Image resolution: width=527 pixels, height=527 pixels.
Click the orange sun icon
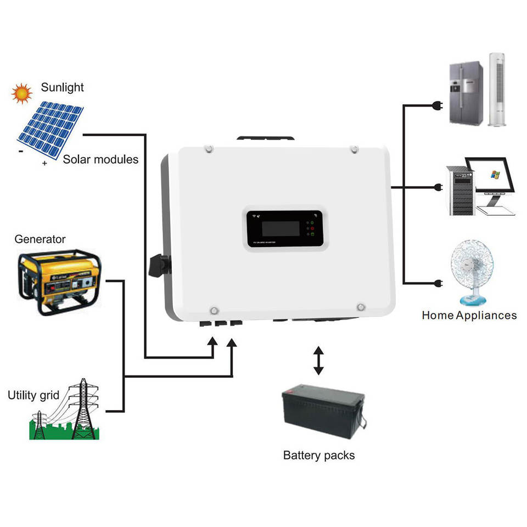pos(22,93)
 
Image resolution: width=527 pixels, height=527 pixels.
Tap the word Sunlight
pos(63,88)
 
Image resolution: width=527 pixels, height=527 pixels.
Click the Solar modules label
pos(100,160)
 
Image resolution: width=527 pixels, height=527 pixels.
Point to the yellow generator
pos(60,282)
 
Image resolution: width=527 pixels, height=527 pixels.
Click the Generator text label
pos(40,239)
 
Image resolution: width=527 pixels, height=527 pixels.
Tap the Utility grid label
pos(33,395)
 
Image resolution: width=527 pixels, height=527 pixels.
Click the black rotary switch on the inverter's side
pos(159,265)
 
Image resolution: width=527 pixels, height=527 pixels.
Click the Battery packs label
pos(319,455)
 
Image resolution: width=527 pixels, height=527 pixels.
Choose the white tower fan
pos(496,89)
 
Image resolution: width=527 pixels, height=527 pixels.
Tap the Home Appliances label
pos(469,316)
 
